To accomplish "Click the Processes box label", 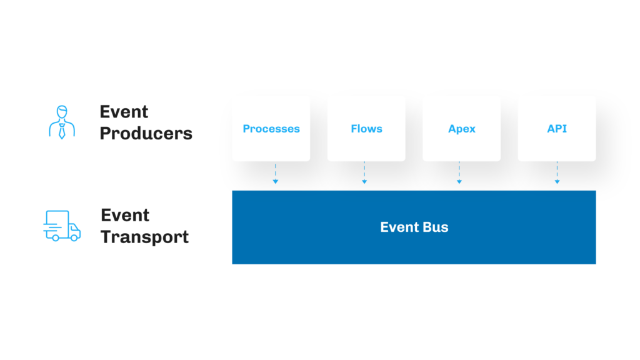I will tap(271, 129).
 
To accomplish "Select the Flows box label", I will tap(366, 129).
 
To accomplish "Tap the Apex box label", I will tap(462, 129).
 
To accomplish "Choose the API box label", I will tap(557, 129).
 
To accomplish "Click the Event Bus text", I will tap(414, 227).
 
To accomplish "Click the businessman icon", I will tap(62, 122).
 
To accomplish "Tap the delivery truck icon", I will tap(62, 226).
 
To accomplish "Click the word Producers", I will tap(146, 133).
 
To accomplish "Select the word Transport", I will tap(144, 237).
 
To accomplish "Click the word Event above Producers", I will tap(124, 112).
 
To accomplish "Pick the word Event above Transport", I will tap(125, 216).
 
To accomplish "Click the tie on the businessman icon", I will tap(62, 131).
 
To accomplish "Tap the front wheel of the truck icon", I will tap(74, 237).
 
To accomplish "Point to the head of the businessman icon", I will tap(62, 112).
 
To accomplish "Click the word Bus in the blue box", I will tap(436, 227).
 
